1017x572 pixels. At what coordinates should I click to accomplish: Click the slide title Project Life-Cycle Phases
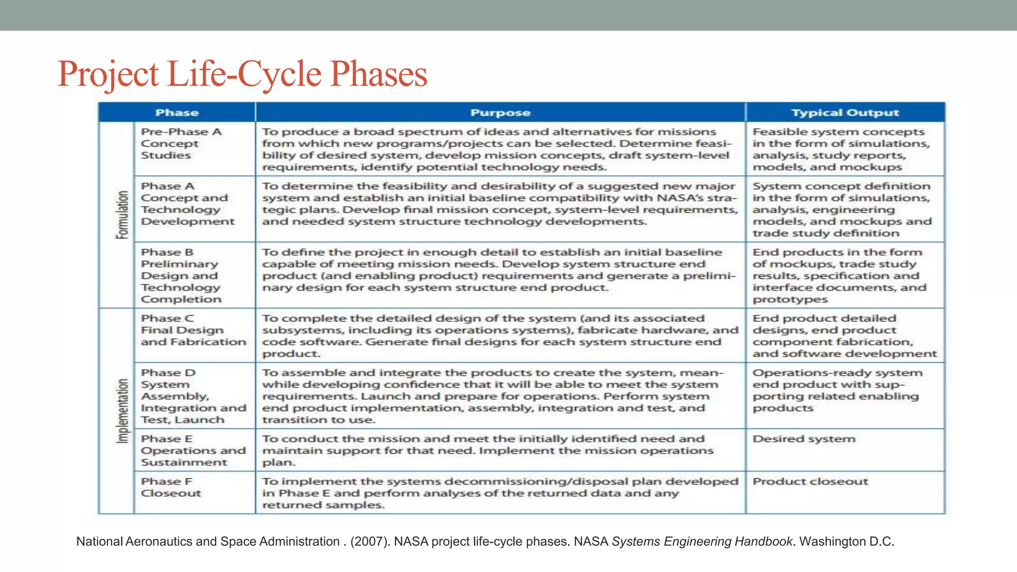tap(242, 74)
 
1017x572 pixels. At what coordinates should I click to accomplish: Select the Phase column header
tap(177, 113)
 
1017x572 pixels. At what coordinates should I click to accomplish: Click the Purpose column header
tap(500, 113)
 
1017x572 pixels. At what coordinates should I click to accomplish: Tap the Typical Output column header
tap(845, 113)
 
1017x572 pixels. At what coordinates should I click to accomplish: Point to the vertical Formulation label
tap(122, 214)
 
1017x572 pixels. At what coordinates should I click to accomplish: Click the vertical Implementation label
tap(122, 411)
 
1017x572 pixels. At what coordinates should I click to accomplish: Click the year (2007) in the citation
tap(370, 541)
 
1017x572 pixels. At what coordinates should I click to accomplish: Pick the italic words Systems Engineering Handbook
tap(702, 541)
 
